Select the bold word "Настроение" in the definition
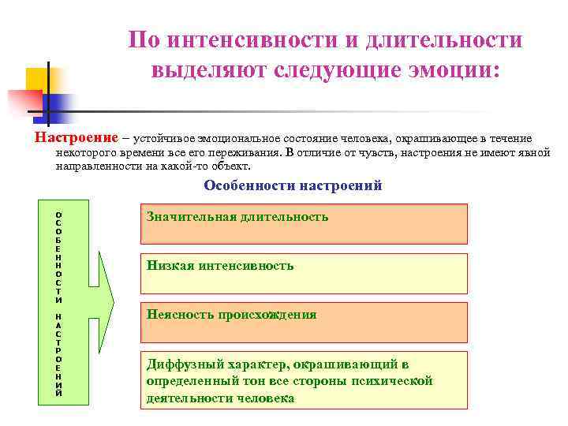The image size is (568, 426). click(x=76, y=137)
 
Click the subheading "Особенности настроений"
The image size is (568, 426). click(x=293, y=186)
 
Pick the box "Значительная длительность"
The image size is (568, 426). click(x=304, y=223)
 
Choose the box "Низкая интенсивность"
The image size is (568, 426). click(x=304, y=273)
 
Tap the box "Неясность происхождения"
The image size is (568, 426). click(x=304, y=322)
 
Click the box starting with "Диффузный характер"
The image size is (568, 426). click(x=304, y=379)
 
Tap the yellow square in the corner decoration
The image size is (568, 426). click(x=39, y=81)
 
